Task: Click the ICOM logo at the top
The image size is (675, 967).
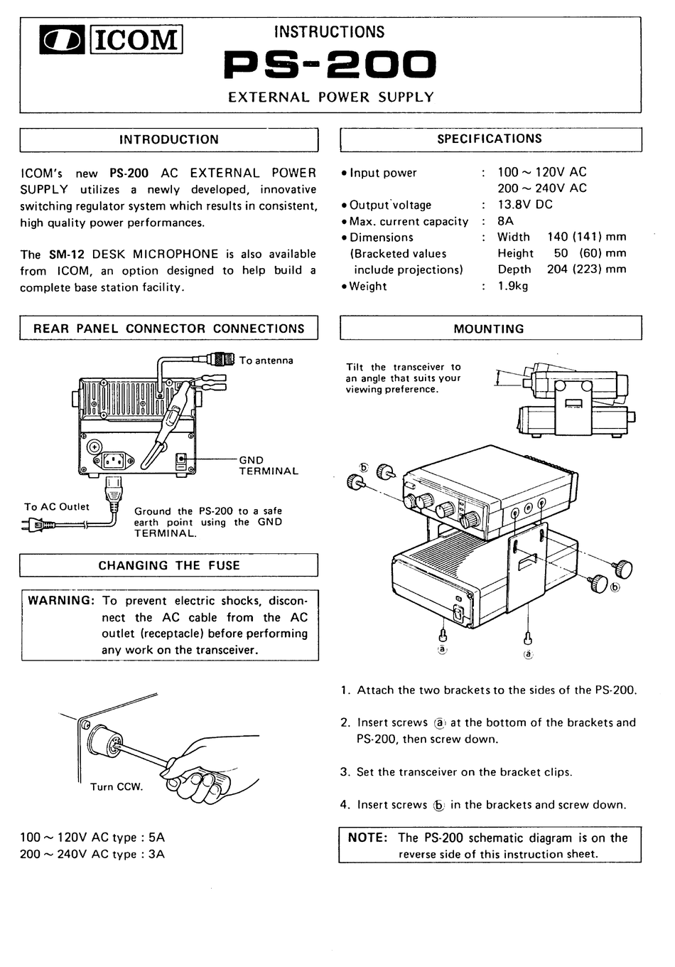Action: coord(111,41)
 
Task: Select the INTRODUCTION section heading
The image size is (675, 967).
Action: coord(168,140)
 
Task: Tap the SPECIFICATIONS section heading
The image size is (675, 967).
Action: coord(490,139)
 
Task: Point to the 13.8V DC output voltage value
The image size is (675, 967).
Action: coord(525,205)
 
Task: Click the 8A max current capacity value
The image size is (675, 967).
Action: coord(505,221)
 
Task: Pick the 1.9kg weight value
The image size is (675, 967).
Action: coord(513,287)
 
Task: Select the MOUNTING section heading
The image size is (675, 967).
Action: coord(489,329)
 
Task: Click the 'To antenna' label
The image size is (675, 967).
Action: coord(266,360)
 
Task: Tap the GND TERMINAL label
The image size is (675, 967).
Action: coord(268,466)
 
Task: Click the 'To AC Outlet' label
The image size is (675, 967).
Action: coord(57,507)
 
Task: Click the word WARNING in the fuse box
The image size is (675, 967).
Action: coord(60,601)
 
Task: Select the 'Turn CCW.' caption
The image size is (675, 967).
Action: coord(117,787)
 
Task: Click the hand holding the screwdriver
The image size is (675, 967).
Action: coord(206,775)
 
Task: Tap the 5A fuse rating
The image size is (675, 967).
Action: coord(156,838)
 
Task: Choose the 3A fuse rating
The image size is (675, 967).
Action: coord(156,855)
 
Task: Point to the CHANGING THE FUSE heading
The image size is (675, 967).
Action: coord(168,566)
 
